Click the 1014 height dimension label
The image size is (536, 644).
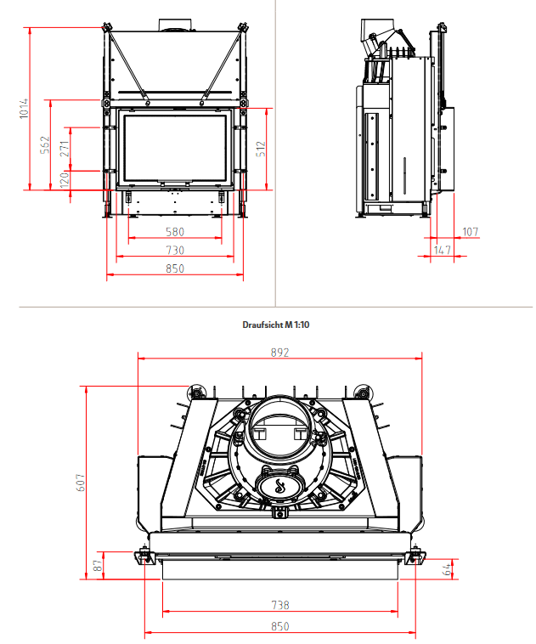[25, 109]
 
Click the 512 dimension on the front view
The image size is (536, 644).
[262, 149]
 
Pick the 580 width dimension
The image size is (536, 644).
[174, 232]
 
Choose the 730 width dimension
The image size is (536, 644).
[174, 250]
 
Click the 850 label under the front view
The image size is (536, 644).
[174, 268]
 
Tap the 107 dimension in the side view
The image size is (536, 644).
[470, 231]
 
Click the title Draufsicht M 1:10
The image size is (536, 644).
[268, 324]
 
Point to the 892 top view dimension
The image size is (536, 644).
[280, 352]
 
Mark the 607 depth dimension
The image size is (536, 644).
[81, 482]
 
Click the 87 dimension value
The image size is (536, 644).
[99, 563]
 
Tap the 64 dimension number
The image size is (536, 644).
[447, 569]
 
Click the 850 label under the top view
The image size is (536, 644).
[280, 626]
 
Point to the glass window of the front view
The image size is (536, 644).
[176, 146]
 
